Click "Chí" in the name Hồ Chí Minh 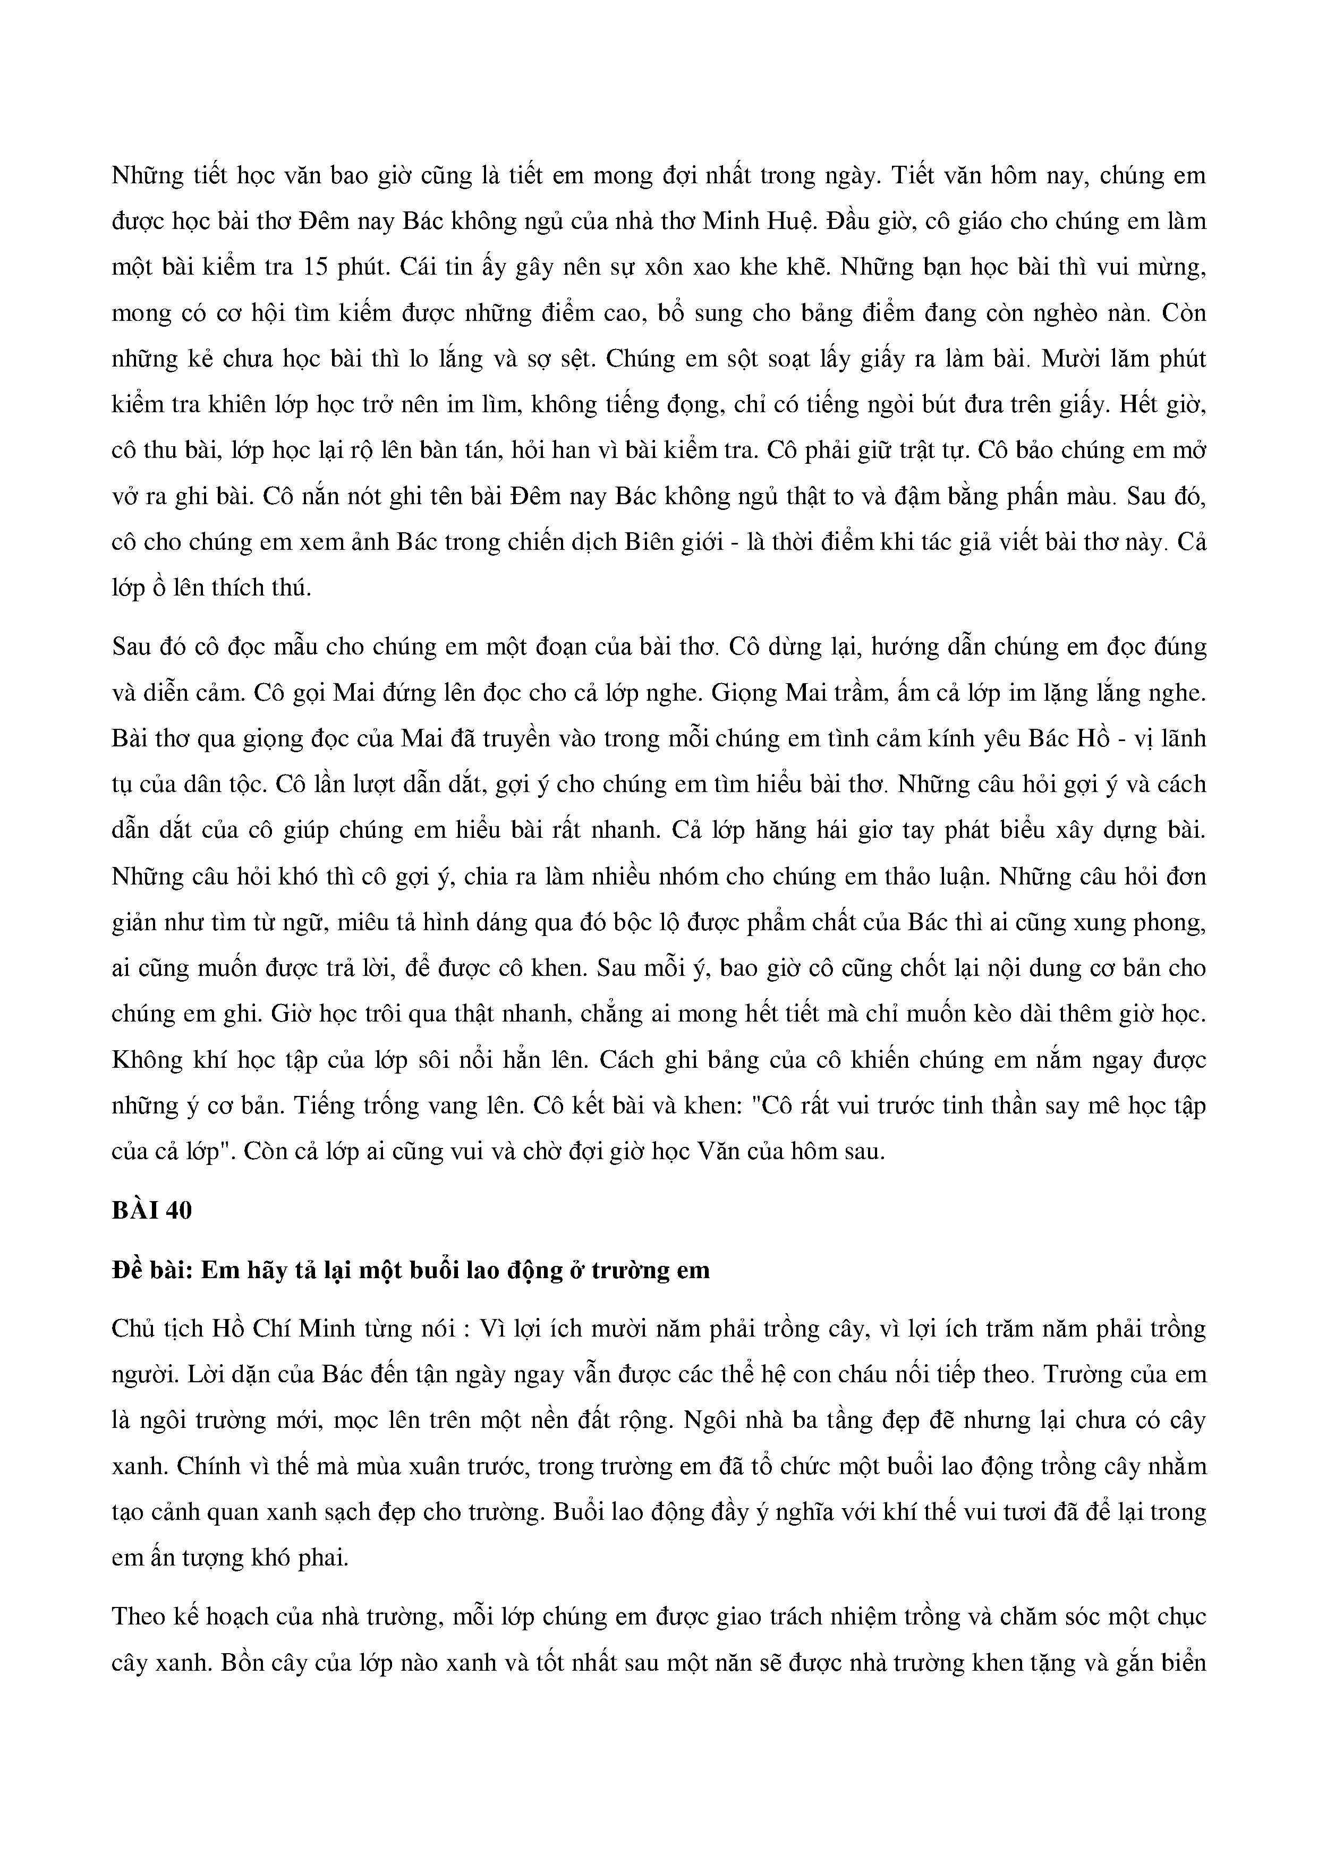271,1329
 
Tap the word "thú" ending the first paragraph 291,588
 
